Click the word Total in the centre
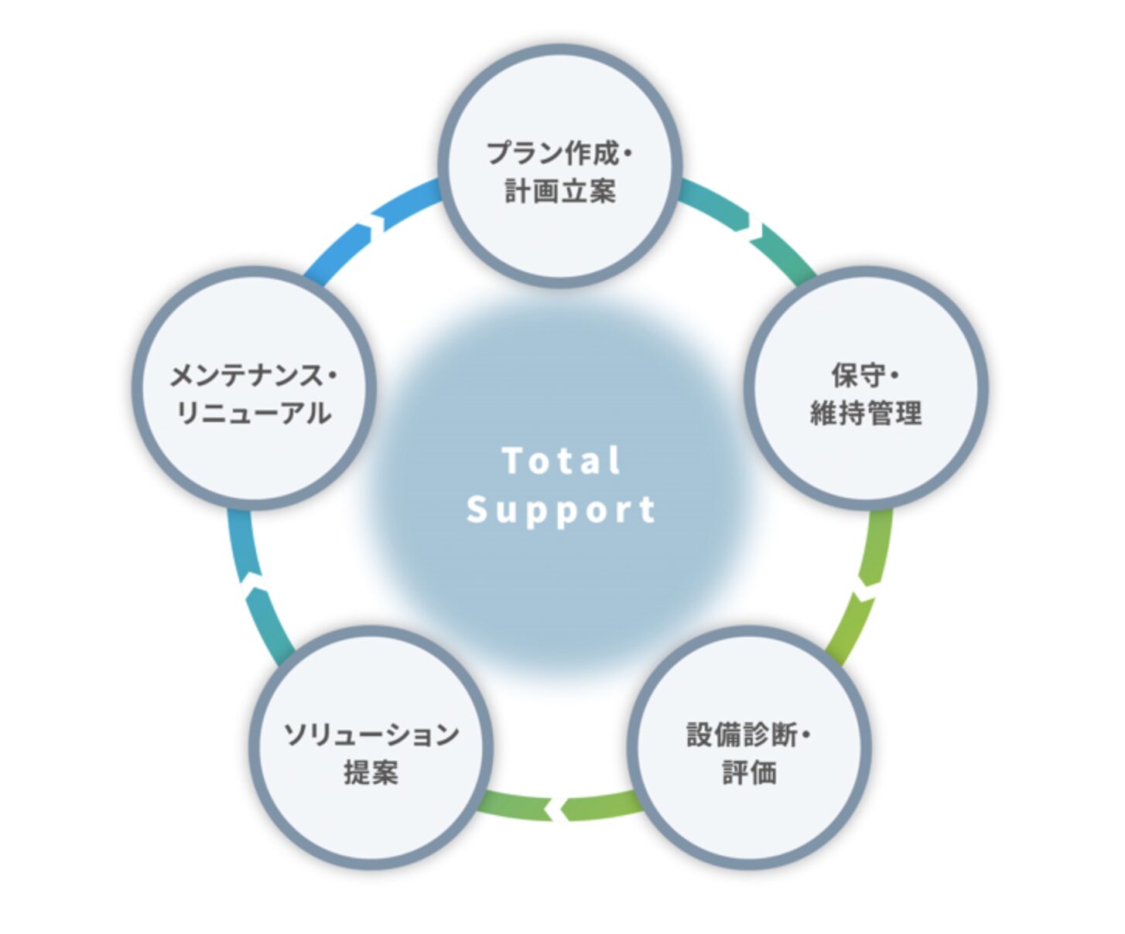pos(561,461)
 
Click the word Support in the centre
pos(561,510)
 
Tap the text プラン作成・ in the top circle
pos(559,153)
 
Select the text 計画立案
pos(560,191)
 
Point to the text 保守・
pos(865,376)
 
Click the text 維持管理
pos(866,414)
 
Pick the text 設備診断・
pos(748,735)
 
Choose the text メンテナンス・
pos(254,376)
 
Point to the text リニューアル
pos(254,414)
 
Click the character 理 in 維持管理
pos(908,414)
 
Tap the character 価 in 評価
pos(764,772)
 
